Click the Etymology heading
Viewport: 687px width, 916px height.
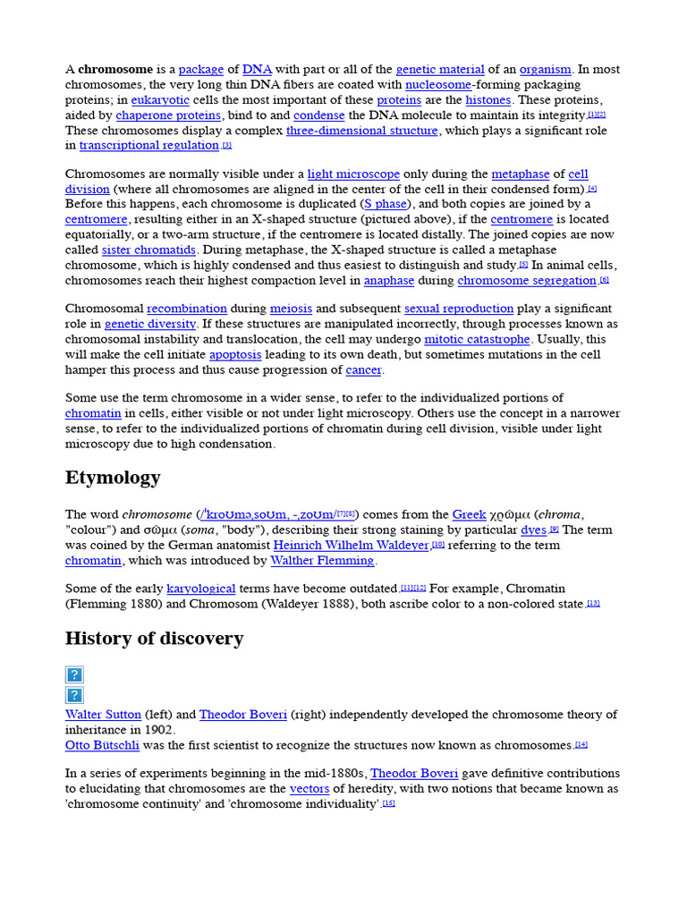pyautogui.click(x=113, y=478)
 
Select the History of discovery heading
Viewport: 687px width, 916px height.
pyautogui.click(x=154, y=639)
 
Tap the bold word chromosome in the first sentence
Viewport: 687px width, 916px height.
pyautogui.click(x=115, y=70)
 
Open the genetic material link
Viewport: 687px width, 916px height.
pyautogui.click(x=440, y=70)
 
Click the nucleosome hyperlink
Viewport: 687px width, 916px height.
pyautogui.click(x=438, y=85)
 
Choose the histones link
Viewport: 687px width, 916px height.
pyautogui.click(x=488, y=100)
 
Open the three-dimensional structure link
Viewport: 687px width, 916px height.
pyautogui.click(x=362, y=131)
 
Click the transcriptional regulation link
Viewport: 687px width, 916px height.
pyautogui.click(x=149, y=146)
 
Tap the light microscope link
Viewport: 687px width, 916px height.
pyautogui.click(x=353, y=174)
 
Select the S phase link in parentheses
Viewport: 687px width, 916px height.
pyautogui.click(x=385, y=205)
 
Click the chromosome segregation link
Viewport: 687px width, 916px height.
pyautogui.click(x=527, y=281)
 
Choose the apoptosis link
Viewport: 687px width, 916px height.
pyautogui.click(x=235, y=355)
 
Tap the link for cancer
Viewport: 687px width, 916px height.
pyautogui.click(x=363, y=370)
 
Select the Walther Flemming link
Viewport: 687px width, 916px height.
pyautogui.click(x=322, y=561)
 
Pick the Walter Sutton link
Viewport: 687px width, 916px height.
pyautogui.click(x=103, y=715)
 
